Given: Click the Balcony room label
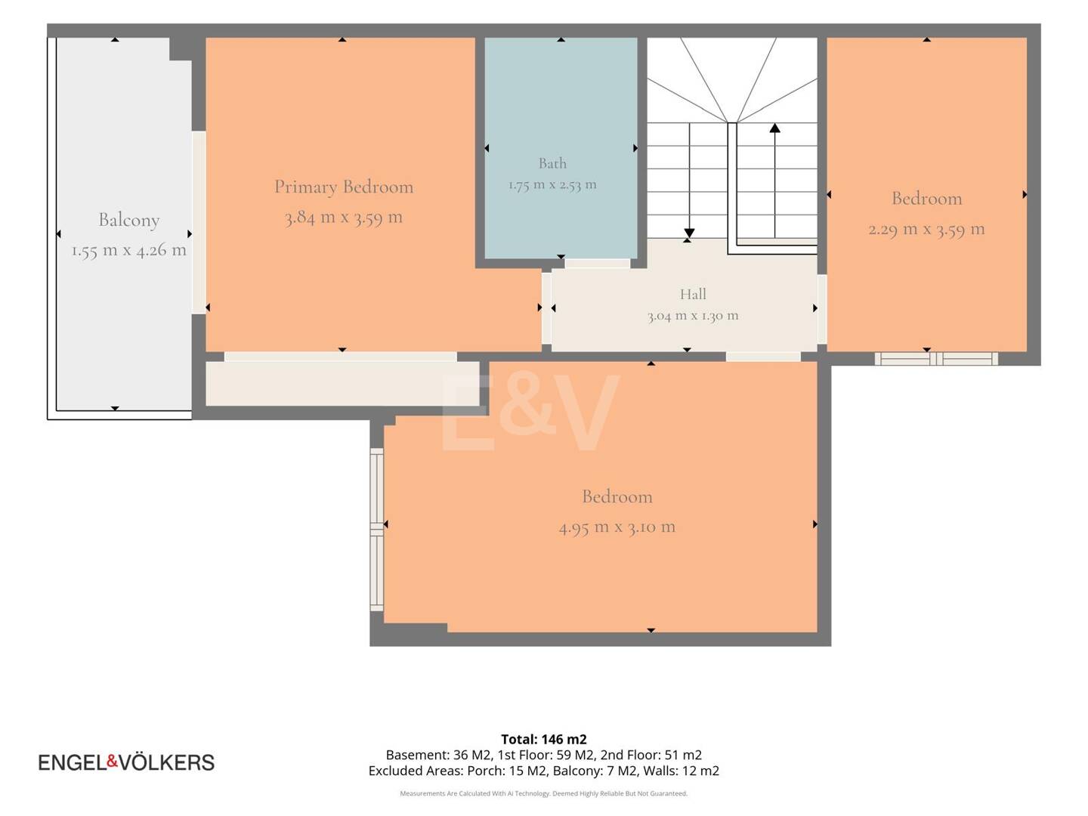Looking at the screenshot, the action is [x=129, y=220].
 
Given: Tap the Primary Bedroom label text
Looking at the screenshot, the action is [x=344, y=187].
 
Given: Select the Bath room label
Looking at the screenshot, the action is [x=552, y=163].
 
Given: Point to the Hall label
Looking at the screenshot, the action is [x=692, y=294].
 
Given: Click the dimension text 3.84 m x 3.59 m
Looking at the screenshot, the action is [x=344, y=217].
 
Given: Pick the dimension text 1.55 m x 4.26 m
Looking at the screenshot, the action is [x=129, y=249].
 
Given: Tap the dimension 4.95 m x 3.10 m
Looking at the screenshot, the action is [x=617, y=527].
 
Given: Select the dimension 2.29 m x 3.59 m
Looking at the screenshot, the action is [x=926, y=229].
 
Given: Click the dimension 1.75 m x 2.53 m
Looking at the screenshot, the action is [x=552, y=185].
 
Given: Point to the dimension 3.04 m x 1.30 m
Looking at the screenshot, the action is [x=692, y=316].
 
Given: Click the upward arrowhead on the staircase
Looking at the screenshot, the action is [x=774, y=128].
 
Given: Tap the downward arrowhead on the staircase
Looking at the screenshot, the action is [x=689, y=233].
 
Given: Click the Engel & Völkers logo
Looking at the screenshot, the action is [x=126, y=762].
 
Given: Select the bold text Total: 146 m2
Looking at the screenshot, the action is [x=544, y=739].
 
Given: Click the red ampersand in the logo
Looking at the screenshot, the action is [x=113, y=761].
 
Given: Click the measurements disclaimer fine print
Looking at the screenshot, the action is [x=544, y=793].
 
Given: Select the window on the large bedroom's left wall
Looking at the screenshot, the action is [x=377, y=530].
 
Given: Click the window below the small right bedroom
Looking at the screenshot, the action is [x=936, y=359].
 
